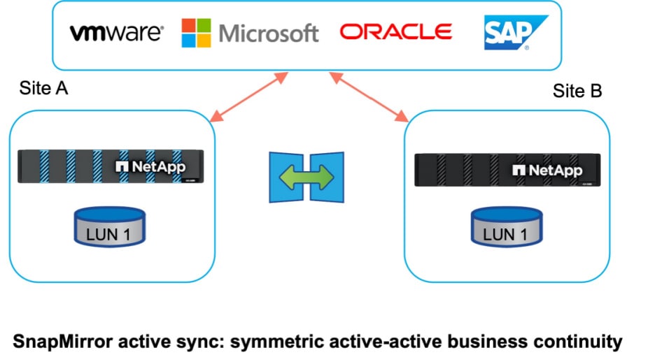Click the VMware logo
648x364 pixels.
[x=117, y=33]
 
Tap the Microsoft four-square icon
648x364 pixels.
[x=197, y=33]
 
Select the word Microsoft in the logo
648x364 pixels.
[x=269, y=33]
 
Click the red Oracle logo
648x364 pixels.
[x=396, y=31]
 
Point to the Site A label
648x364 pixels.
[x=43, y=88]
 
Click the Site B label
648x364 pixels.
[x=577, y=91]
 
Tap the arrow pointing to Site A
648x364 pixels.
[x=249, y=97]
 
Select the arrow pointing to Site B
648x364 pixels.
[x=369, y=97]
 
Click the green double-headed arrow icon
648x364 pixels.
[x=307, y=177]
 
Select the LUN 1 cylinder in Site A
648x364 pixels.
[x=109, y=226]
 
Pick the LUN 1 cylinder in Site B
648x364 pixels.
[x=507, y=226]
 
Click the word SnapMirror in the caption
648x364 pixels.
[x=63, y=342]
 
